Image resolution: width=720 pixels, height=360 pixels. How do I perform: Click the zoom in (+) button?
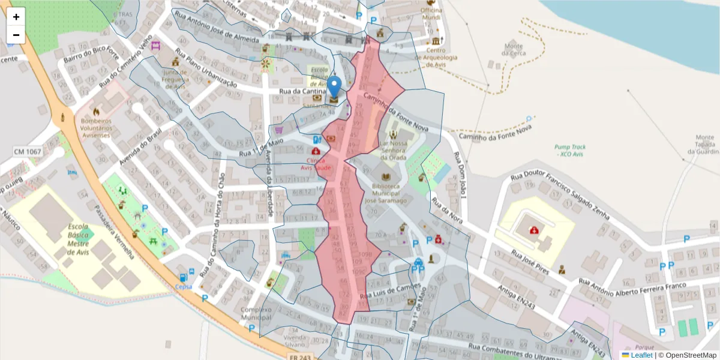[x=16, y=17]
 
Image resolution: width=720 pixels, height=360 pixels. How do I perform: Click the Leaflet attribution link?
[x=641, y=355]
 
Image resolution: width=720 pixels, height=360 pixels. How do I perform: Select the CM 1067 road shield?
[x=28, y=152]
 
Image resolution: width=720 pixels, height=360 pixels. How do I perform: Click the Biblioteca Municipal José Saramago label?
[x=386, y=193]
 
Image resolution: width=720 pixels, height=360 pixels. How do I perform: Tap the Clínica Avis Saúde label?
[x=316, y=164]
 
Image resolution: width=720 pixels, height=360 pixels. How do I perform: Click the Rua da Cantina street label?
[x=302, y=92]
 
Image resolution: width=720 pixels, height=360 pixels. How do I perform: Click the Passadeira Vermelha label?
[x=113, y=232]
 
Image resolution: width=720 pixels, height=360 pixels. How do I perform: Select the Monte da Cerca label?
[x=514, y=49]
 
